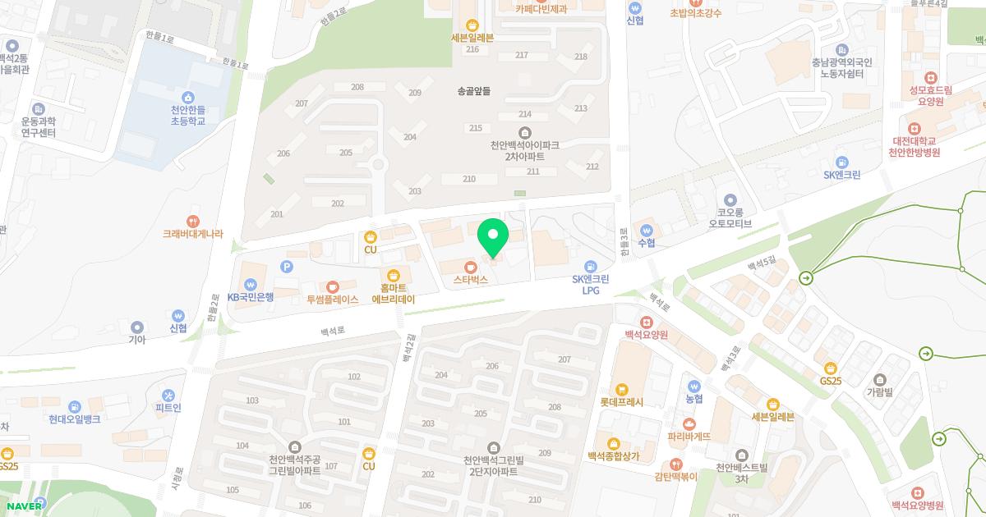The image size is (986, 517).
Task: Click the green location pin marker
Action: coord(493,237)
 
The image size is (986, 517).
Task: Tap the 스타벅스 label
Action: coord(471,279)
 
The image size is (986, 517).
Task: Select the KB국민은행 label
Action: coord(251,297)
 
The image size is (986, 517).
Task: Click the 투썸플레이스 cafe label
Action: coord(333,300)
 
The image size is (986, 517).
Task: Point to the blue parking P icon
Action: coord(287,265)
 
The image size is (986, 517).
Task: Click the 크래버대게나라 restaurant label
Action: coord(192,233)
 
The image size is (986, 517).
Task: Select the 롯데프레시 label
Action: coord(622,402)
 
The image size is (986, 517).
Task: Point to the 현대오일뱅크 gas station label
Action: coord(74,419)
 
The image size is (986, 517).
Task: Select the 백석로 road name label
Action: coord(334,332)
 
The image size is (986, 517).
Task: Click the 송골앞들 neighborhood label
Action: coord(473,92)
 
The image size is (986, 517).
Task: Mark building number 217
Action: coord(521,55)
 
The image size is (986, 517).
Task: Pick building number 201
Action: coord(276,214)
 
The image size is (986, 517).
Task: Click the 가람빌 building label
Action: coord(880,392)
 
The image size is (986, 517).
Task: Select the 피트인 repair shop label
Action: coord(168,408)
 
